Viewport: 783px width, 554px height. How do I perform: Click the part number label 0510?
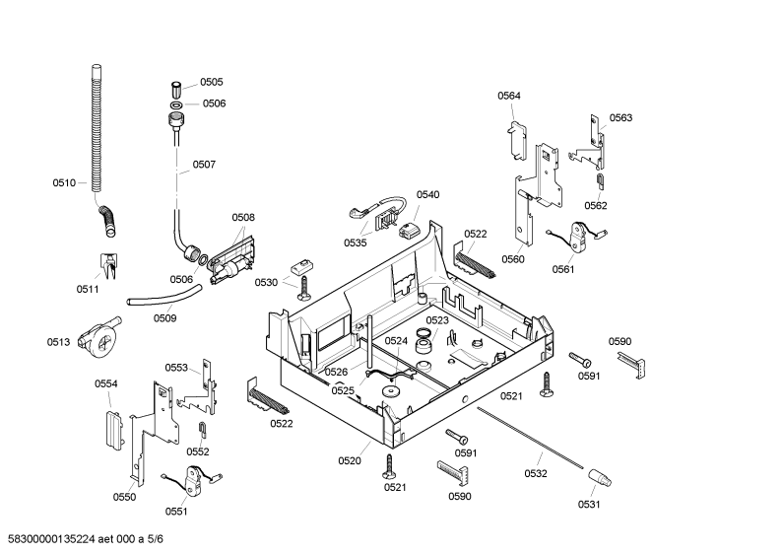coord(64,183)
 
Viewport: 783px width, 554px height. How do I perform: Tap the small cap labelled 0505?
coord(176,91)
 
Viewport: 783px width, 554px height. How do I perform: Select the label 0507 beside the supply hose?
coord(204,165)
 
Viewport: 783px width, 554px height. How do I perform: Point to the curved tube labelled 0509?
coord(164,296)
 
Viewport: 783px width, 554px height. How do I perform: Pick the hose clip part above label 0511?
coord(109,265)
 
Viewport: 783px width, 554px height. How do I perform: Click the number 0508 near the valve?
coord(243,218)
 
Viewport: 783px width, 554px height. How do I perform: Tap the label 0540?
coord(428,195)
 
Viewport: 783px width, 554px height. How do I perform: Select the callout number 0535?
coord(355,243)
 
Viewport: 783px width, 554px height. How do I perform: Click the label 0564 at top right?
coord(509,96)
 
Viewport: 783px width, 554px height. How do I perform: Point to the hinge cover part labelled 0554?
coord(113,430)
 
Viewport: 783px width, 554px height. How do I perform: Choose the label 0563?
coord(620,118)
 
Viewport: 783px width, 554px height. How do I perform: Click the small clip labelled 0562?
coord(600,181)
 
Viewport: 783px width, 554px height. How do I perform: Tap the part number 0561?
coord(563,269)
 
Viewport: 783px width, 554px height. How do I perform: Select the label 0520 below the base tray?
coord(350,461)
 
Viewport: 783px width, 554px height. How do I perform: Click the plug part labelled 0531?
coord(599,477)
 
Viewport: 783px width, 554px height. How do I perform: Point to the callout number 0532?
coord(536,473)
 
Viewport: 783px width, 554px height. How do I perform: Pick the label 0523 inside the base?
coord(437,320)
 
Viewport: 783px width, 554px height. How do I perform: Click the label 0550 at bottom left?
coord(124,497)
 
